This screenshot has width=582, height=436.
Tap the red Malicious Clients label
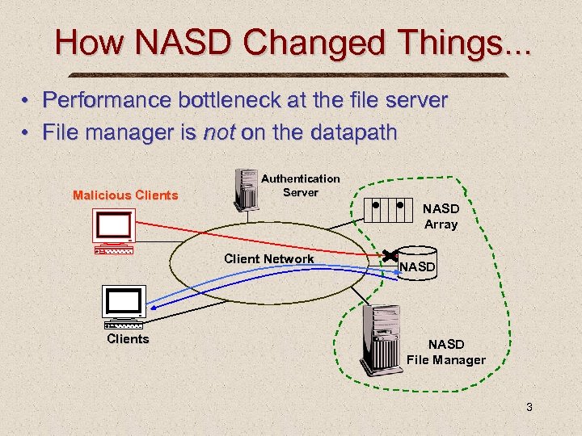click(125, 195)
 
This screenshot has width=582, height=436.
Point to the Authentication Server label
click(301, 185)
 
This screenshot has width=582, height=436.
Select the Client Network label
click(269, 259)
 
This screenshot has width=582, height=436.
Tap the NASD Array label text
click(441, 216)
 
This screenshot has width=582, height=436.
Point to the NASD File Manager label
click(446, 352)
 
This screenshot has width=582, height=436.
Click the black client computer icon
click(124, 307)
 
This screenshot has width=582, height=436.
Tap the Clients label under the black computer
click(128, 338)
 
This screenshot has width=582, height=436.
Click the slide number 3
click(529, 407)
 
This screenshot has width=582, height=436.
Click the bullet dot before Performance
click(26, 101)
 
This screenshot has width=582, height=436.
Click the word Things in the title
click(413, 44)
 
